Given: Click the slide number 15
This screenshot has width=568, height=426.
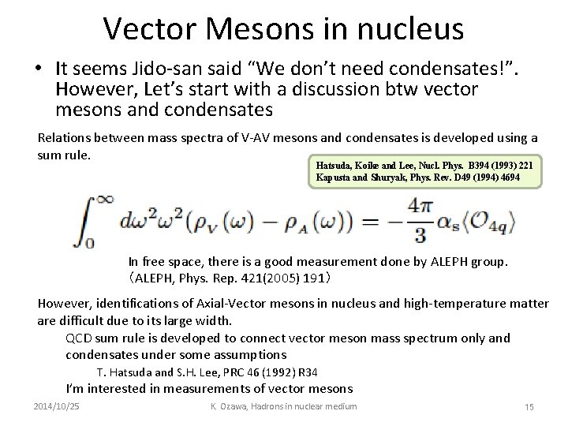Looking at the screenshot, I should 529,406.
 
